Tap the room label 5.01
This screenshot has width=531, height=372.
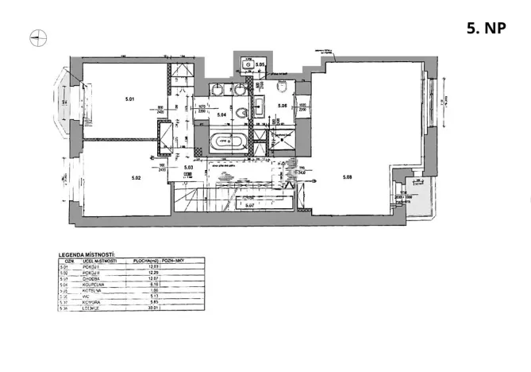pyautogui.click(x=129, y=99)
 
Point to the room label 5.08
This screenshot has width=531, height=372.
pyautogui.click(x=348, y=176)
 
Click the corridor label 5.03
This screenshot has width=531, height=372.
pyautogui.click(x=188, y=167)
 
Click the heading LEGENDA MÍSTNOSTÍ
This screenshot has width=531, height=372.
pyautogui.click(x=88, y=255)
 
